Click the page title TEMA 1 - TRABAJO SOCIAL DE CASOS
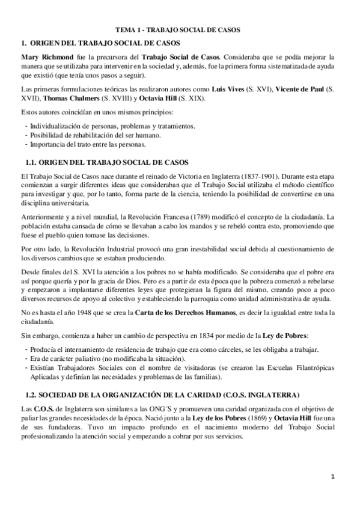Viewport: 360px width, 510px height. coord(180,29)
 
